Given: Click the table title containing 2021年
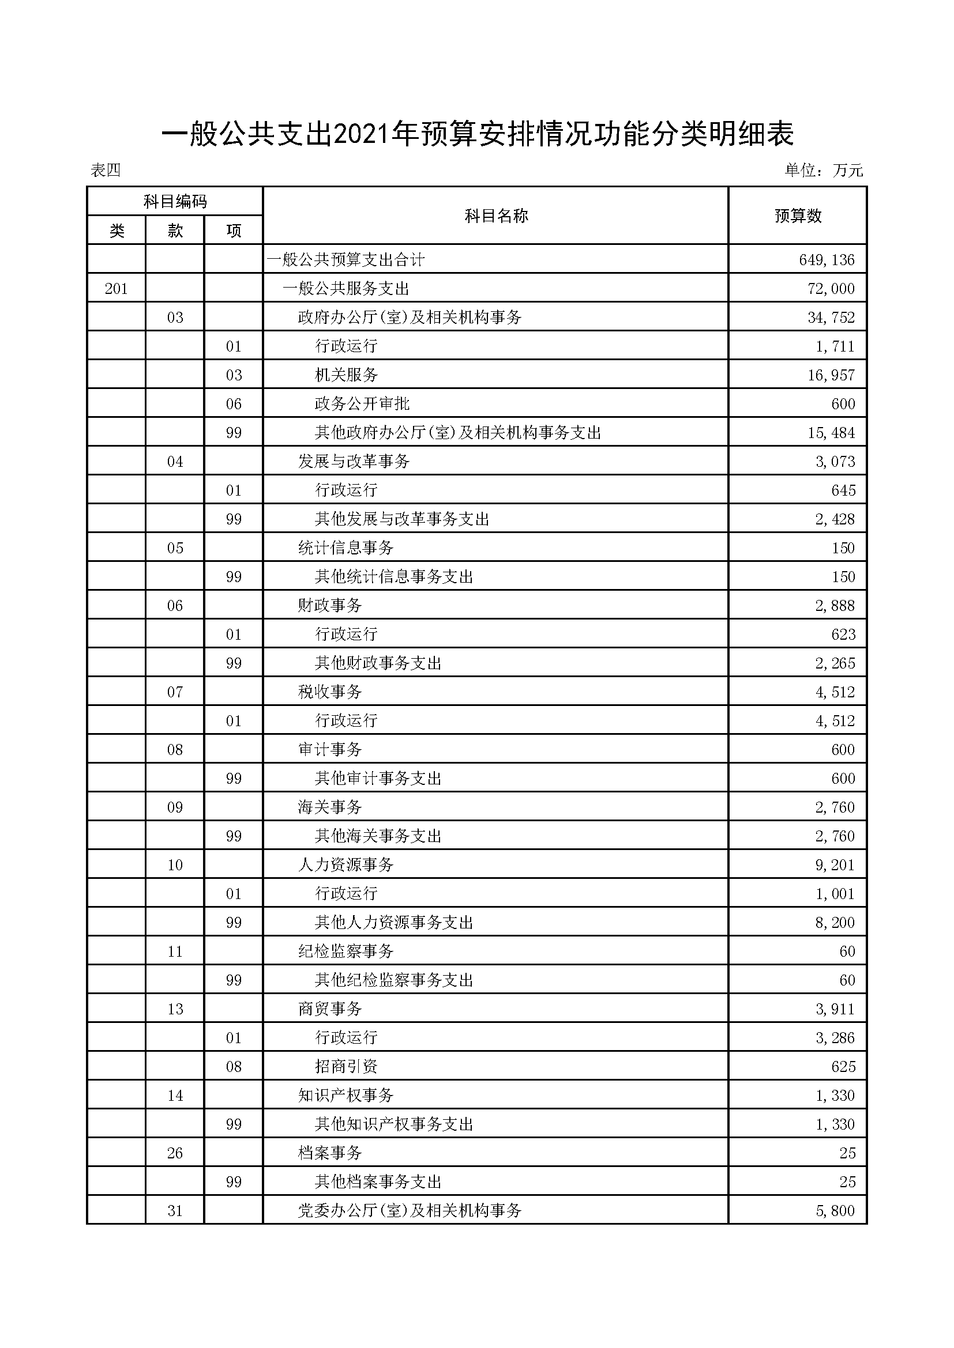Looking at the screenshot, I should point(477,135).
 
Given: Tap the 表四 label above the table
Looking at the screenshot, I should point(106,170).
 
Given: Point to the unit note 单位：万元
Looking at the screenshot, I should point(824,170).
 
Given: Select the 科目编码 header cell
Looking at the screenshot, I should point(175,202).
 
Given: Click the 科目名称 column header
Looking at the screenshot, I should point(496,216).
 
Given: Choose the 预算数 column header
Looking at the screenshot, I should point(798,216).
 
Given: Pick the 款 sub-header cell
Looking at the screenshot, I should point(175,231).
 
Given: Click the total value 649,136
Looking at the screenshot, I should point(827,259).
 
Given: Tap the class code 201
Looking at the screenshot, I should point(117,288).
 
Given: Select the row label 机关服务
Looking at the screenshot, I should point(346,375).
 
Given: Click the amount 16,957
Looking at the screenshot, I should point(831,375).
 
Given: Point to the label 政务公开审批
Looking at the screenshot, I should point(362,403).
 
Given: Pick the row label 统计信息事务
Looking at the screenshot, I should point(345,547).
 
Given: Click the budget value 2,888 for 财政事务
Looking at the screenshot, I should point(834,605).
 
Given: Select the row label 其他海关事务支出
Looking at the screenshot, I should point(378,836).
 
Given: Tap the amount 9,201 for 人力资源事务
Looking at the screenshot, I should point(834,865).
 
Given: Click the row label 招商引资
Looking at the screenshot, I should point(346,1066).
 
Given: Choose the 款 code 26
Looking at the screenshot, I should point(175,1153).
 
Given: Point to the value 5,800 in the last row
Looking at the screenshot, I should point(835,1210).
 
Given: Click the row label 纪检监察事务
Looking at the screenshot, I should point(345,951).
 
